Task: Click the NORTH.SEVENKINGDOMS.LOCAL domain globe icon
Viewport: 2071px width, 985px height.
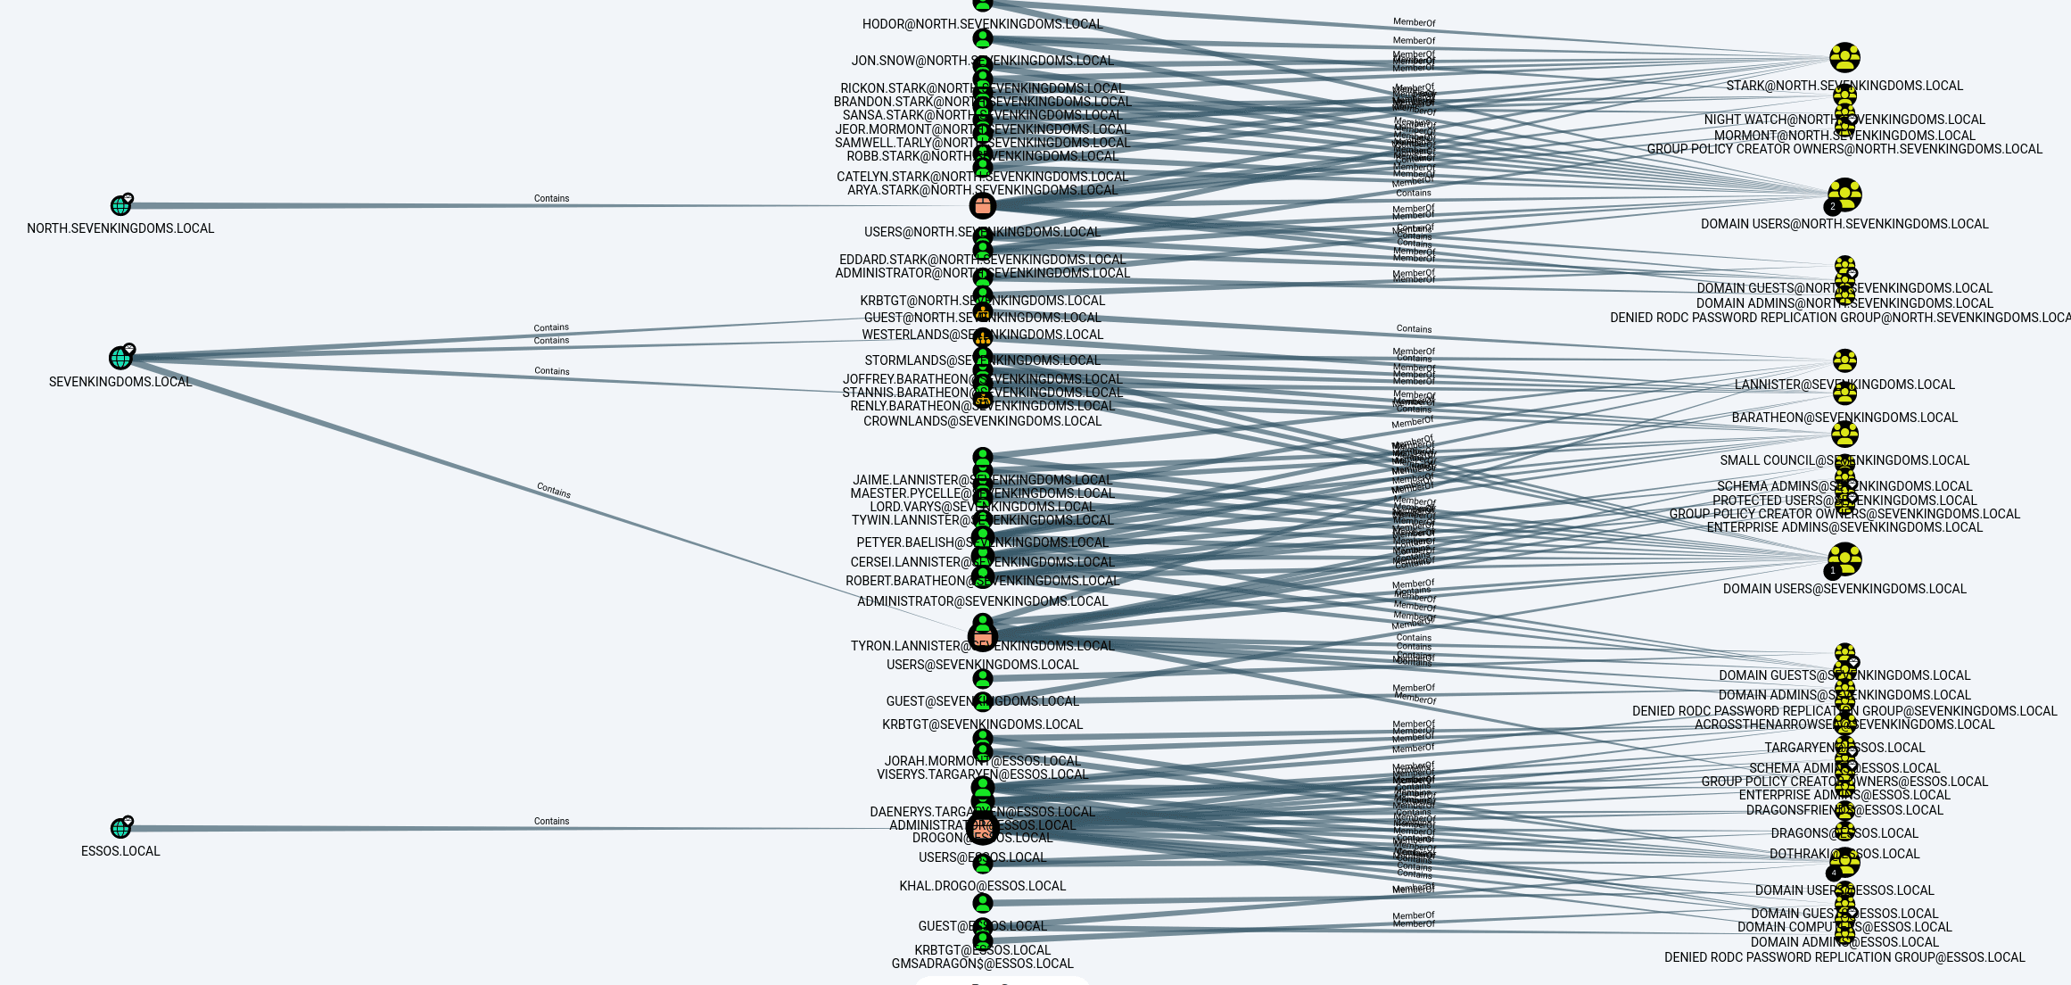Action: pyautogui.click(x=120, y=206)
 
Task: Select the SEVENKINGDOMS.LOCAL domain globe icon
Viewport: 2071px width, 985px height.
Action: pyautogui.click(x=120, y=358)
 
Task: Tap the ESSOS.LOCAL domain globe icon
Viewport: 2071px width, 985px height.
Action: pyautogui.click(x=120, y=828)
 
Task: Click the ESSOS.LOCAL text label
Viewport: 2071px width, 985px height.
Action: pyautogui.click(x=120, y=851)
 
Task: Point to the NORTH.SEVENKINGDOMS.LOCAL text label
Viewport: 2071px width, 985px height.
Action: pyautogui.click(x=120, y=228)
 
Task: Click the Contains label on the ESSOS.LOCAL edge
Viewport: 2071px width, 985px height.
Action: pyautogui.click(x=551, y=821)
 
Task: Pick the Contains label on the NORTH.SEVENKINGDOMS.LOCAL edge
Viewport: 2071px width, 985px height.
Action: pyautogui.click(x=551, y=198)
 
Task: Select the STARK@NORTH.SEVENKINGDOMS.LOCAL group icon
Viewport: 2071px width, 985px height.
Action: pyautogui.click(x=1844, y=58)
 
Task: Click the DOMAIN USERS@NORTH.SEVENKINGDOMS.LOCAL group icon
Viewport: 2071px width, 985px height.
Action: pyautogui.click(x=1844, y=195)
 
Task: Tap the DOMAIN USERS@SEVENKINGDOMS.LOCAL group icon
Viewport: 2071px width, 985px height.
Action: pyautogui.click(x=1844, y=559)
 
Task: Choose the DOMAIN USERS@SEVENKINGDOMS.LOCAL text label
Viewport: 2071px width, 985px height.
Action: pyautogui.click(x=1844, y=589)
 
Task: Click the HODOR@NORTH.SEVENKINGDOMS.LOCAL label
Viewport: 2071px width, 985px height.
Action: pyautogui.click(x=982, y=24)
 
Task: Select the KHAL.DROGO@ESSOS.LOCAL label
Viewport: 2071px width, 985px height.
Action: pyautogui.click(x=982, y=886)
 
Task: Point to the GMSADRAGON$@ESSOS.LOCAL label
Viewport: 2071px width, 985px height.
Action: pyautogui.click(x=982, y=964)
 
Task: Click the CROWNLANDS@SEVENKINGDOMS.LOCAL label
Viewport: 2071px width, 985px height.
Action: pyautogui.click(x=982, y=421)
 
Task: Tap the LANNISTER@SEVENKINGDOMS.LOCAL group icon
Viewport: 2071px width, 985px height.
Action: pyautogui.click(x=1844, y=361)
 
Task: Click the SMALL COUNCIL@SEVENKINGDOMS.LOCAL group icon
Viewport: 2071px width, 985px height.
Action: pyautogui.click(x=1844, y=435)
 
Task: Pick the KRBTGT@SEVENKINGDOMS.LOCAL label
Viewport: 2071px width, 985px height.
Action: pyautogui.click(x=982, y=724)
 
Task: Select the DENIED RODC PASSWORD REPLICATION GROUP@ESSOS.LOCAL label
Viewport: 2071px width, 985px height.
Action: pyautogui.click(x=1844, y=957)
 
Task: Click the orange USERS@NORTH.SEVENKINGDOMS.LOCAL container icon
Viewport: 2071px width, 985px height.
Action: pyautogui.click(x=982, y=206)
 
